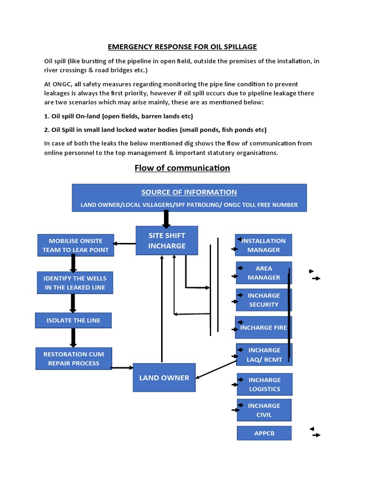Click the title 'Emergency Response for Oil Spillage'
click(x=182, y=47)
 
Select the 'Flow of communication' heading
click(x=182, y=168)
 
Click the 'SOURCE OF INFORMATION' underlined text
click(x=189, y=192)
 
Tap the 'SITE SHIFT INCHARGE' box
click(x=167, y=241)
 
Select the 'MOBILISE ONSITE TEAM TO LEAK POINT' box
click(x=76, y=245)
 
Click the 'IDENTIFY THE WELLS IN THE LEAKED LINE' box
click(x=75, y=282)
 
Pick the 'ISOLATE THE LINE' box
click(x=74, y=320)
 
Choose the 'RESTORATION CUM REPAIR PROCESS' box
click(x=74, y=359)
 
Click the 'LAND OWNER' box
click(x=164, y=378)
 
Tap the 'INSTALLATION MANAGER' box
click(x=264, y=245)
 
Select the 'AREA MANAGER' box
click(x=264, y=273)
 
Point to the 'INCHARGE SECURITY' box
click(x=264, y=300)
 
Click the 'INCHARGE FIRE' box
click(x=264, y=327)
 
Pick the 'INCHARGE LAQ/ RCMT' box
click(x=264, y=355)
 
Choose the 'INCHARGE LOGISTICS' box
click(x=265, y=384)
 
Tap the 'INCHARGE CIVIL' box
click(x=264, y=410)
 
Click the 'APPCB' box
click(x=264, y=433)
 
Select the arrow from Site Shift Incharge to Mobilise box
click(x=125, y=244)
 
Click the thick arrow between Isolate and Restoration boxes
click(x=74, y=337)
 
